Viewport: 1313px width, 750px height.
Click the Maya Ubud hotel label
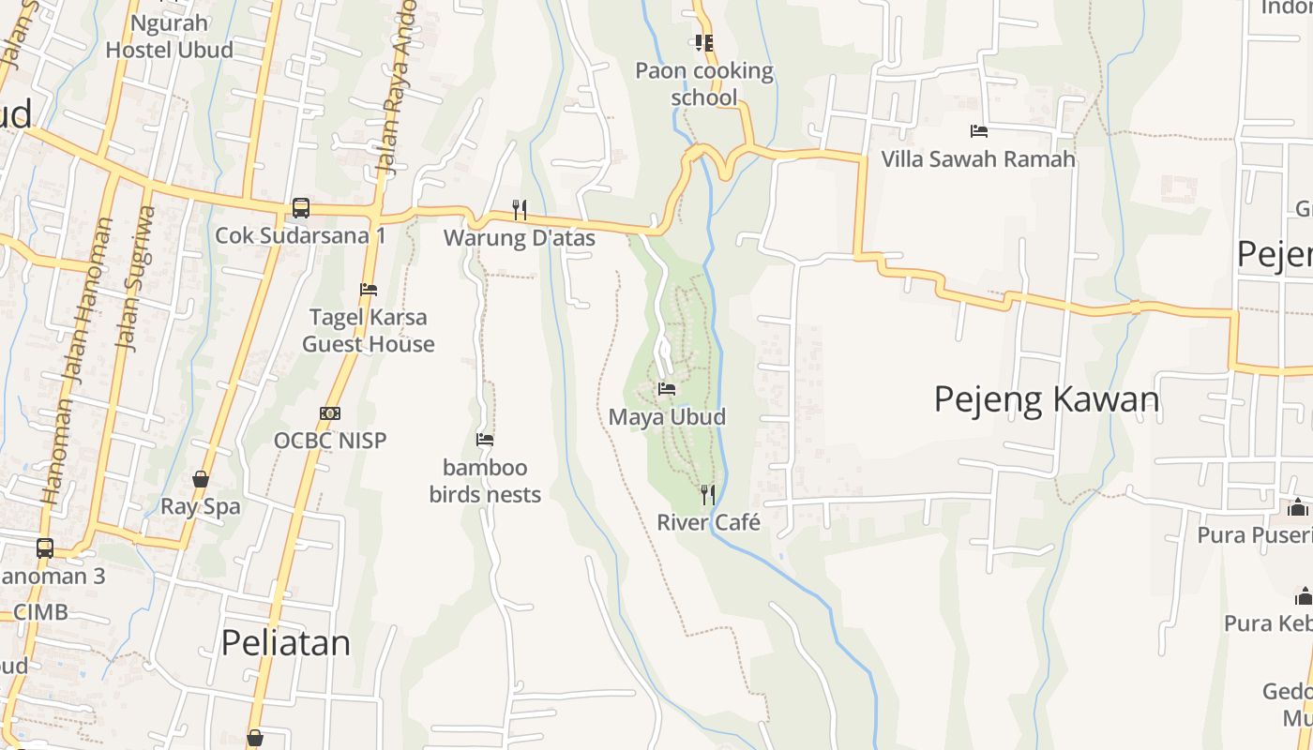coord(667,416)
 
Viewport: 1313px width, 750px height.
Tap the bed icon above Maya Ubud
coord(667,388)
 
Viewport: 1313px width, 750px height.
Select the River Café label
coord(708,522)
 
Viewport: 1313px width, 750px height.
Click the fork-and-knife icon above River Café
coord(708,494)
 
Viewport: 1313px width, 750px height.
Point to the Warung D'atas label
coord(519,238)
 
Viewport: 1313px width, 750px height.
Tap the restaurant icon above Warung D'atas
coord(519,209)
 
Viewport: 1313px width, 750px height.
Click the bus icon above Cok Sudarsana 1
coord(300,207)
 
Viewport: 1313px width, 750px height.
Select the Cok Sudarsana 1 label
coord(300,235)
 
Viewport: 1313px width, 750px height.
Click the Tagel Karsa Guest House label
coord(369,330)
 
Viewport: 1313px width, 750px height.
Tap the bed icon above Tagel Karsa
coord(369,290)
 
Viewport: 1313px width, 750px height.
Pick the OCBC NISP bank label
coord(330,440)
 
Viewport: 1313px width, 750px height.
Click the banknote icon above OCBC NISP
coord(330,412)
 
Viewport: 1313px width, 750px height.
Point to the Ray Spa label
coord(201,506)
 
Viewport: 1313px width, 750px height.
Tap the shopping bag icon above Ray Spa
coord(201,479)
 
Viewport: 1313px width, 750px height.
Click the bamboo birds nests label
coord(485,480)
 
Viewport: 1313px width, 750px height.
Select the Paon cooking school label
coord(704,83)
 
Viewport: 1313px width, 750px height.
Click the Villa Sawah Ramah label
coord(978,159)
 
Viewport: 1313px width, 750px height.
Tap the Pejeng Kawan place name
coord(1047,399)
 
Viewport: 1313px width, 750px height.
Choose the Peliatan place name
coord(286,642)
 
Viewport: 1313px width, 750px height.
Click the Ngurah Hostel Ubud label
coord(169,36)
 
